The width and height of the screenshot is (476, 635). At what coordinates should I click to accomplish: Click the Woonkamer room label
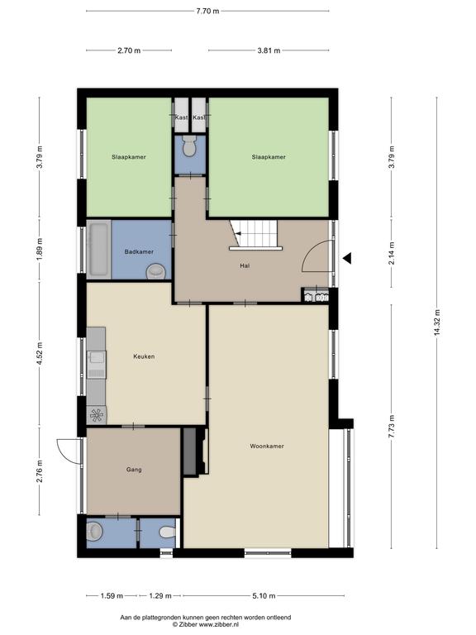[267, 446]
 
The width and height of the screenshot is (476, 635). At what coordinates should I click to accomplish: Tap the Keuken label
[144, 357]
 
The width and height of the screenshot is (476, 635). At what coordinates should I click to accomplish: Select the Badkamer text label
[139, 252]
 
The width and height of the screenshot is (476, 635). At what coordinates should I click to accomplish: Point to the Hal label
[245, 266]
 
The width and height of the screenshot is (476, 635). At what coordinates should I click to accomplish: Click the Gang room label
[134, 470]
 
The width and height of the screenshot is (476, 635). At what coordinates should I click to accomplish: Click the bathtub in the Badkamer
[99, 250]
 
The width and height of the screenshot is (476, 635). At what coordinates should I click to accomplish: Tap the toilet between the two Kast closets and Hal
[189, 146]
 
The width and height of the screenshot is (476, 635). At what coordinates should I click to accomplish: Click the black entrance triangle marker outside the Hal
[347, 258]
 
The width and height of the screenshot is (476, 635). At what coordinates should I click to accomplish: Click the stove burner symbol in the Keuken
[97, 415]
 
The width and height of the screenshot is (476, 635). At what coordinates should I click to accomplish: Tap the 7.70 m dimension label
[207, 12]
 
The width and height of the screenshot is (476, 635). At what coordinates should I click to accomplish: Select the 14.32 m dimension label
[436, 323]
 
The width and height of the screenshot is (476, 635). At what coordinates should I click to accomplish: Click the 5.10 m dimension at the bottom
[264, 595]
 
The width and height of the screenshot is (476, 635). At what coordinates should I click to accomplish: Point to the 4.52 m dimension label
[40, 354]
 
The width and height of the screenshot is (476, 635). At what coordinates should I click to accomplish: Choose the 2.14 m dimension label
[391, 254]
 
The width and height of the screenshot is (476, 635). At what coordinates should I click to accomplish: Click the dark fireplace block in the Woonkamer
[190, 451]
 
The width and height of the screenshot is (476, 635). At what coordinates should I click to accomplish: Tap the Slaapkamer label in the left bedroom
[129, 157]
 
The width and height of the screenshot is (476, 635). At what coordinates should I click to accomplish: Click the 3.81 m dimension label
[269, 50]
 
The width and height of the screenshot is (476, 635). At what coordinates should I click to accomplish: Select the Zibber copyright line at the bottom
[206, 625]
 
